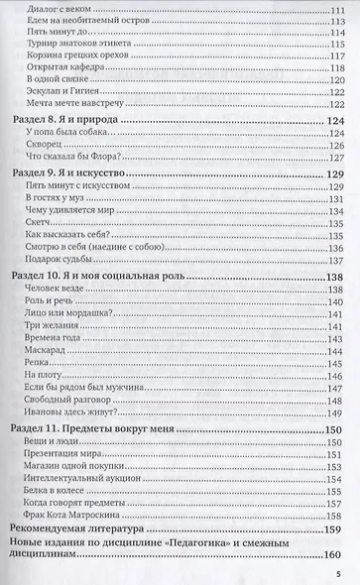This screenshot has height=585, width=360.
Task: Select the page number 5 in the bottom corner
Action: tap(337, 572)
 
